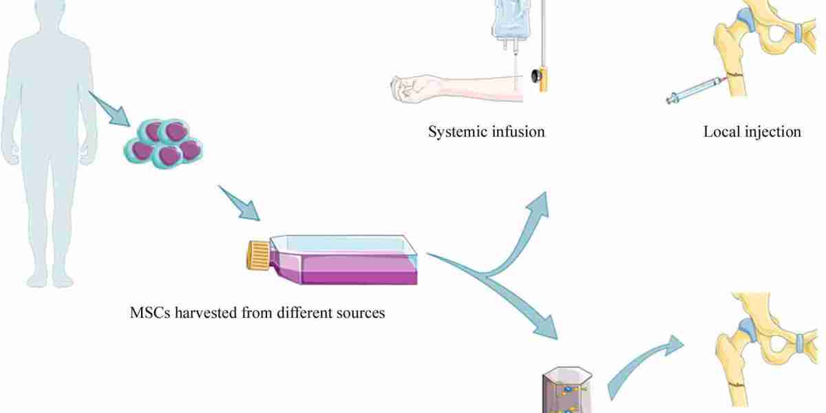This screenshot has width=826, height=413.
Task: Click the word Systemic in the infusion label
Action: [x=456, y=131]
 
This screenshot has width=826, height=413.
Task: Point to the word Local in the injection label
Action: [x=721, y=131]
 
